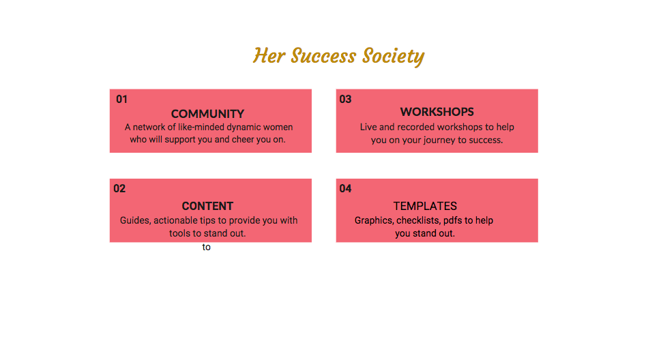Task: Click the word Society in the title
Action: click(x=393, y=57)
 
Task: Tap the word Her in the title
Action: click(x=269, y=56)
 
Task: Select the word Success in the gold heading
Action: click(x=323, y=56)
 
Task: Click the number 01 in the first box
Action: click(x=121, y=100)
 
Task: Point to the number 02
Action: click(x=119, y=189)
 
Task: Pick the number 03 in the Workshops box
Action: click(x=345, y=100)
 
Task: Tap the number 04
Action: click(x=345, y=189)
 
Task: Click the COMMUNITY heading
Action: click(x=207, y=114)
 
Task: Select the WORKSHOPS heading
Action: click(x=437, y=112)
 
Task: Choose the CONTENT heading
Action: click(x=207, y=206)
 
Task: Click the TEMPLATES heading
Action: click(x=425, y=206)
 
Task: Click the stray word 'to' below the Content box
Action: click(x=207, y=247)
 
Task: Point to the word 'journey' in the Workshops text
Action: click(x=434, y=140)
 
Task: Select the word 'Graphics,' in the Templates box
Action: click(x=374, y=220)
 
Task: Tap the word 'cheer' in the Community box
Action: click(x=243, y=139)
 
